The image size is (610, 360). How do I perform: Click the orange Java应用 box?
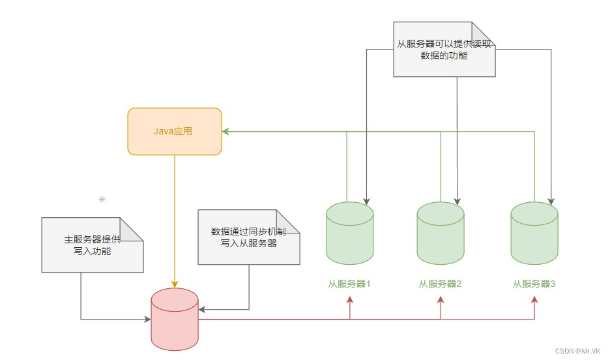pyautogui.click(x=174, y=131)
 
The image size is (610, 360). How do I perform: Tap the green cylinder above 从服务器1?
pyautogui.click(x=349, y=233)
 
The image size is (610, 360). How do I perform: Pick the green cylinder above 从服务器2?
pyautogui.click(x=441, y=233)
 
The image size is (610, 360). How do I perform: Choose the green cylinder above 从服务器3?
pyautogui.click(x=534, y=233)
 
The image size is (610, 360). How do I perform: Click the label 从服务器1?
pyautogui.click(x=349, y=284)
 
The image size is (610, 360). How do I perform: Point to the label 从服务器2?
pyautogui.click(x=441, y=284)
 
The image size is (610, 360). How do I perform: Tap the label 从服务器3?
pyautogui.click(x=534, y=284)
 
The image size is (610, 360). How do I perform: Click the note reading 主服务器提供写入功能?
pyautogui.click(x=92, y=245)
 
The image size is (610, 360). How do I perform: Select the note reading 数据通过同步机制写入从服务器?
pyautogui.click(x=248, y=237)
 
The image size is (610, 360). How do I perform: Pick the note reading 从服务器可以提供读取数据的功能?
pyautogui.click(x=444, y=50)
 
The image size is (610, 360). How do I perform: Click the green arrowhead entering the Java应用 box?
pyautogui.click(x=225, y=131)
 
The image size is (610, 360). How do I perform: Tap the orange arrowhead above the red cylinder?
pyautogui.click(x=174, y=284)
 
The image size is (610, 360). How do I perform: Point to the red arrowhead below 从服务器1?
pyautogui.click(x=350, y=299)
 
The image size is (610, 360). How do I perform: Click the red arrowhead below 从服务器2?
pyautogui.click(x=441, y=299)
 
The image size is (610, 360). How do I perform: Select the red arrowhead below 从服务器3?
pyautogui.click(x=534, y=299)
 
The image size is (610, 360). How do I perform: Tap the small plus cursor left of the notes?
pyautogui.click(x=102, y=198)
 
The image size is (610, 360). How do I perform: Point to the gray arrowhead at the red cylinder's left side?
pyautogui.click(x=147, y=319)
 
